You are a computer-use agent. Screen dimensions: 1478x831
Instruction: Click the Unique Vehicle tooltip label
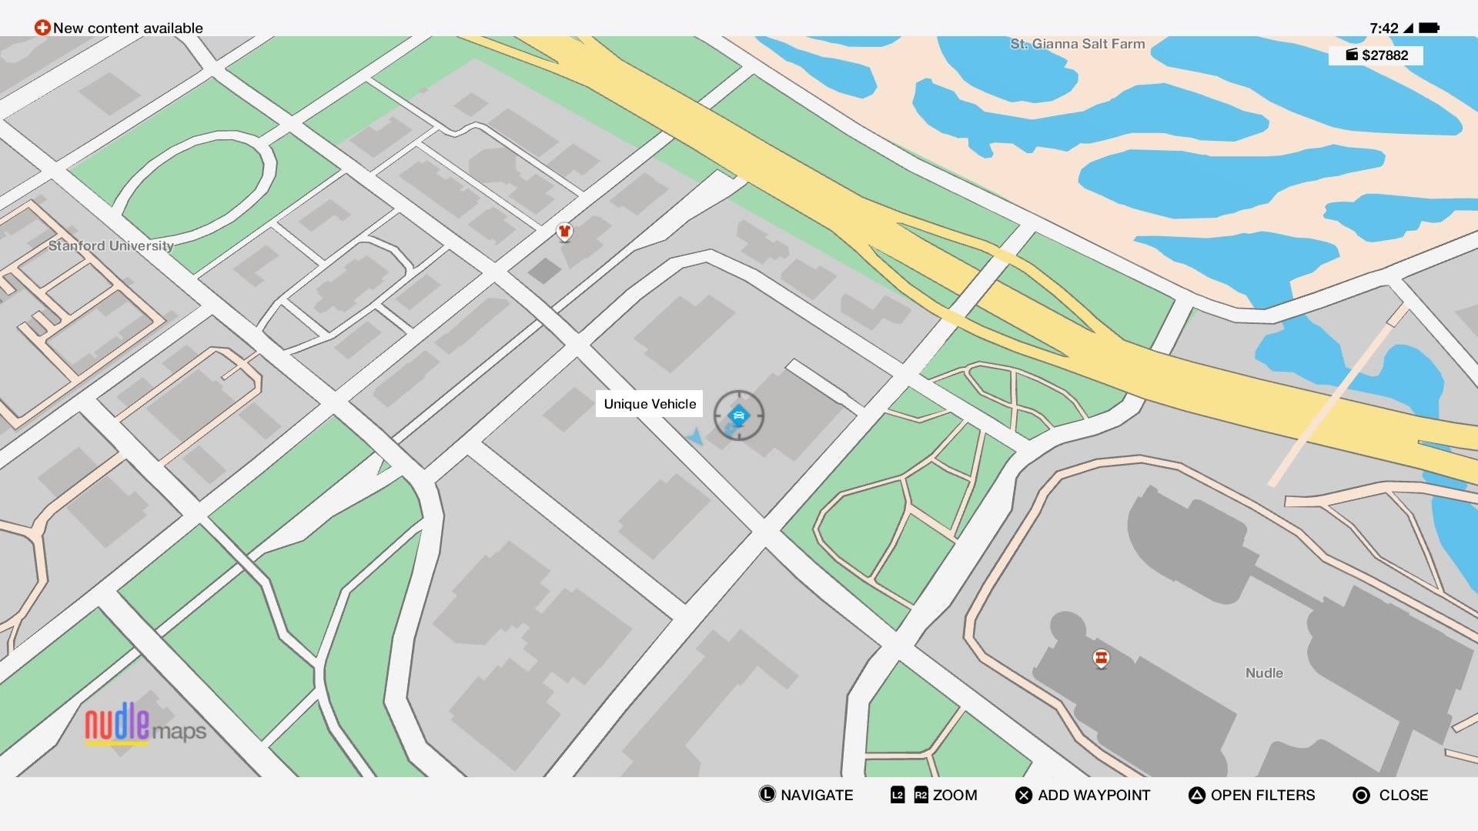point(649,404)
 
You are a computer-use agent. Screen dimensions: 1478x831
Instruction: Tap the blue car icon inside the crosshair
point(738,415)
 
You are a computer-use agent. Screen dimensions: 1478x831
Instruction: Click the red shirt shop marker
point(564,231)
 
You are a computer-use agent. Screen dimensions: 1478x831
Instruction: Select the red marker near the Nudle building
point(1101,659)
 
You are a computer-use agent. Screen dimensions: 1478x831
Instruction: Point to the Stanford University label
point(111,245)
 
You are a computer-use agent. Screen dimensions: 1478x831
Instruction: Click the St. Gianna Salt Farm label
point(1077,44)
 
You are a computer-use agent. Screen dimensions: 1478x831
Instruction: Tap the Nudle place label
point(1264,672)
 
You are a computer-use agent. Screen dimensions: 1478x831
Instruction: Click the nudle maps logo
point(145,725)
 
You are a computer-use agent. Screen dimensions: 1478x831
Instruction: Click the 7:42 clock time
point(1383,28)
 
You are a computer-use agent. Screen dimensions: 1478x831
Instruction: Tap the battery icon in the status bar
point(1429,28)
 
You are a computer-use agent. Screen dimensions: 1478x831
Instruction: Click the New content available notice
point(128,28)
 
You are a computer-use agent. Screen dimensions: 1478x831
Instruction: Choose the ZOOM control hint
point(954,795)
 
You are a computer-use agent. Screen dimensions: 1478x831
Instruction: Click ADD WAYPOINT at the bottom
point(1093,795)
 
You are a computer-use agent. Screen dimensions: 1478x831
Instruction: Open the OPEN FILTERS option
point(1262,795)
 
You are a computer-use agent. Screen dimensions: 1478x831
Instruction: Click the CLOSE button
point(1402,795)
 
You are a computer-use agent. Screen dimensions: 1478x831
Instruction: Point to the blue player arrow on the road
point(695,438)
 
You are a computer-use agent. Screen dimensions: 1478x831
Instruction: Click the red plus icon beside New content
point(42,28)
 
